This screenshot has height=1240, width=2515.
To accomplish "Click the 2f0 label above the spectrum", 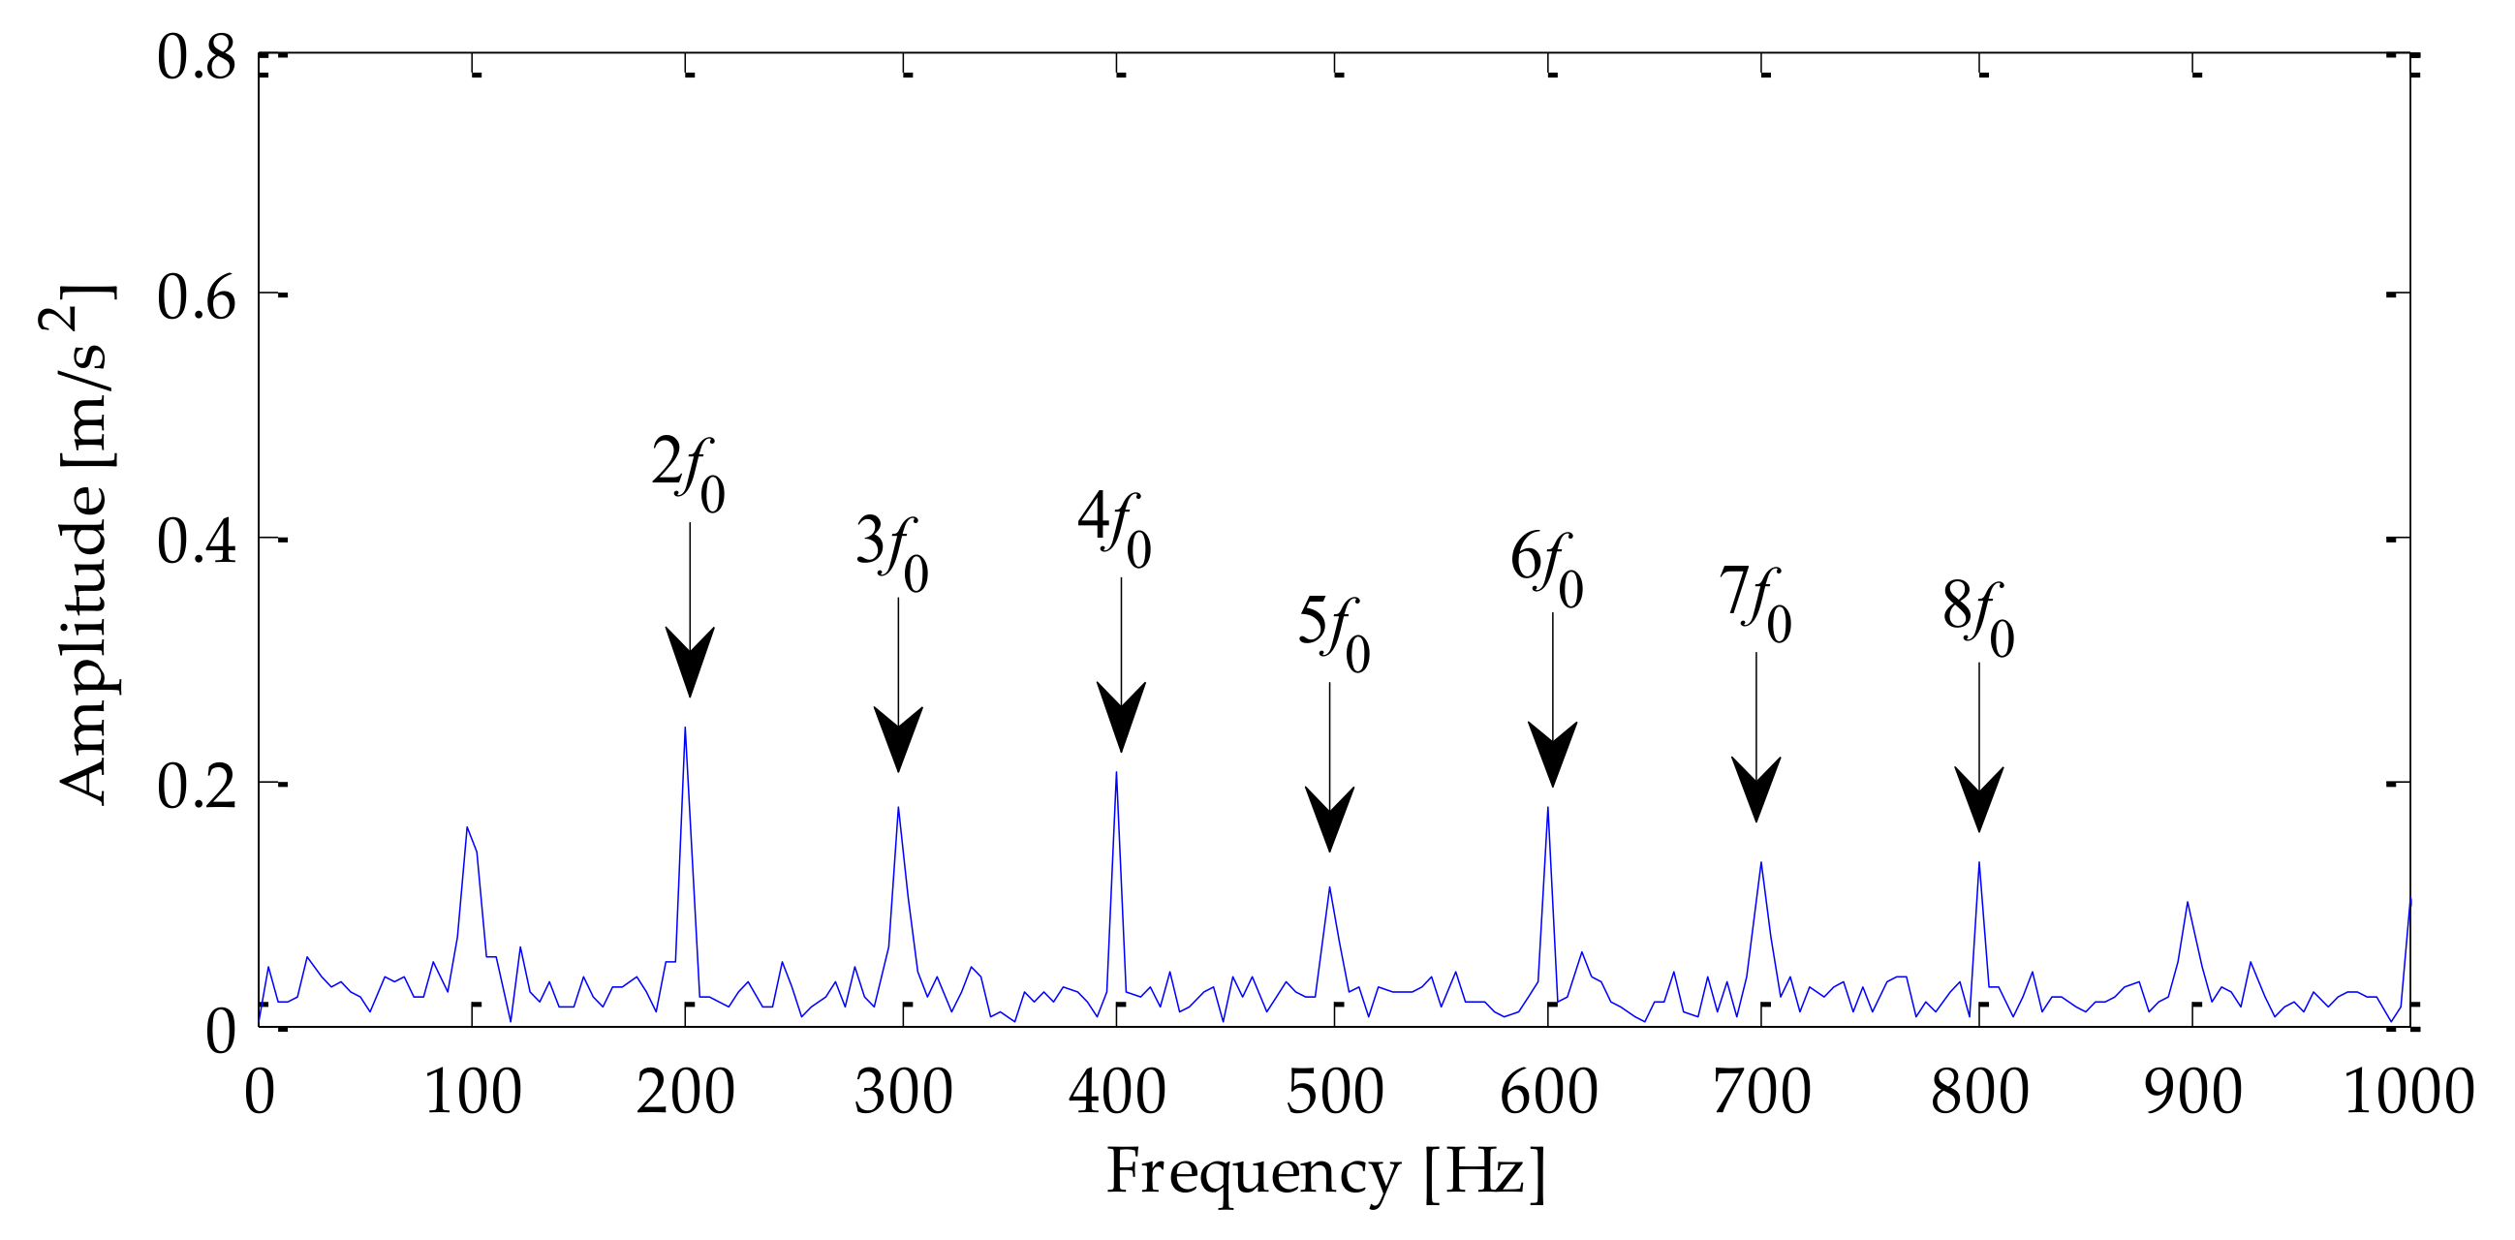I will [688, 475].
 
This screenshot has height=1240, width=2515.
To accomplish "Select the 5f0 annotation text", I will [1334, 634].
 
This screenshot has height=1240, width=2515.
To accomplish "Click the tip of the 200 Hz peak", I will [685, 728].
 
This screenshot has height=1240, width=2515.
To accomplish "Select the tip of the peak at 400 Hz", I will [1116, 773].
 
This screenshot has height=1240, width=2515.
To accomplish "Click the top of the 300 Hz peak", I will [898, 808].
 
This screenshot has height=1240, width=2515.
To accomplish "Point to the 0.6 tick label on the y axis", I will [197, 296].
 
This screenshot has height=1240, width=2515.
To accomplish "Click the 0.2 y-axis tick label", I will [197, 786].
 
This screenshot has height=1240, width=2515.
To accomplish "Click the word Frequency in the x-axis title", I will [1254, 1171].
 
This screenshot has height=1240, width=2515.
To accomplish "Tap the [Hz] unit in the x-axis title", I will [1485, 1171].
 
